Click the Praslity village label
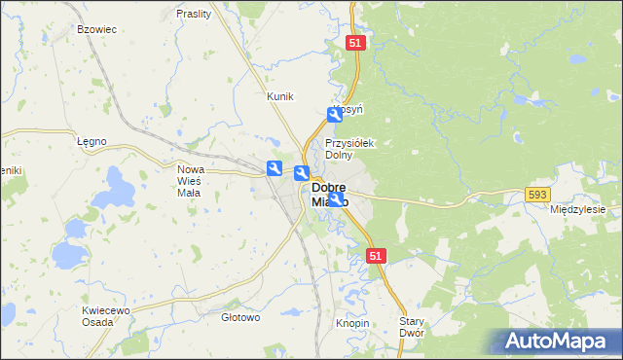[x=195, y=14]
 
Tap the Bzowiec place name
[x=96, y=30]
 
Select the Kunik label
[x=279, y=96]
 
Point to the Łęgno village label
[x=91, y=141]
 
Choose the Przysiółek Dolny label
[x=349, y=148]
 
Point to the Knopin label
[x=352, y=322]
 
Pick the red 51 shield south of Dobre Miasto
[x=378, y=254]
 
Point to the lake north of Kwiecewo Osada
[x=68, y=255]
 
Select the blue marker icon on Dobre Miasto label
[x=336, y=199]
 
